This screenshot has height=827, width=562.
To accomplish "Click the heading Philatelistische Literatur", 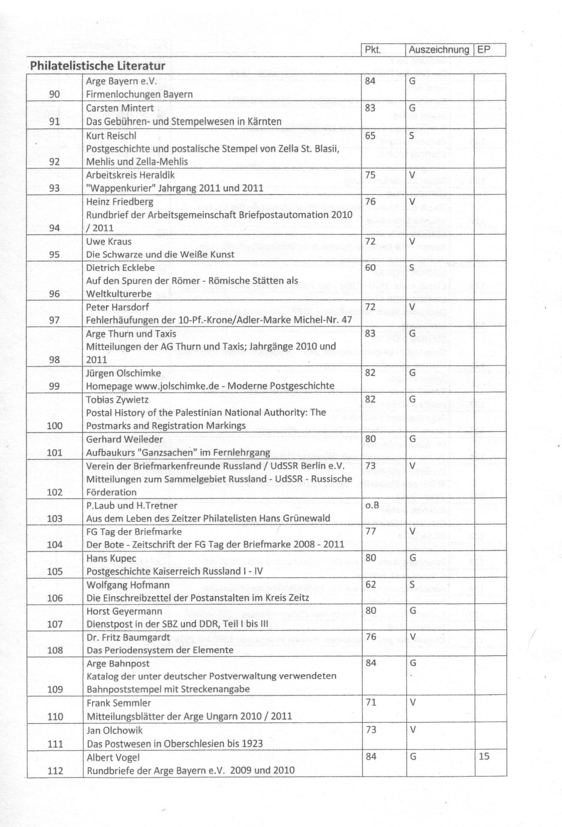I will point(98,66).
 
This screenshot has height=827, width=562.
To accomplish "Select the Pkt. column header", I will point(373,50).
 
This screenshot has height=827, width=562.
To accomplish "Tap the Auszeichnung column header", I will point(439,50).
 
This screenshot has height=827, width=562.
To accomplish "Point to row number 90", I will point(55,94).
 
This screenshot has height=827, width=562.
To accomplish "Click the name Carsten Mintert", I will point(120,108).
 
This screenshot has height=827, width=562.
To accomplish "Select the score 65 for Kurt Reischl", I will point(370,136).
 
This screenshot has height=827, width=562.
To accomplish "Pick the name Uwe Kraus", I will point(108,241).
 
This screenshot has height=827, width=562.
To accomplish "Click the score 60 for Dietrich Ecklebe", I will point(370,267).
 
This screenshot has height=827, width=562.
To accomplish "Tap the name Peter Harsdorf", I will point(117,307).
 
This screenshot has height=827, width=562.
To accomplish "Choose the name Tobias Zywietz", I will point(117,400).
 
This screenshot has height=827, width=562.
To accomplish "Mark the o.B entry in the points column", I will point(372,505).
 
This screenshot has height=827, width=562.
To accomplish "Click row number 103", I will point(55,518).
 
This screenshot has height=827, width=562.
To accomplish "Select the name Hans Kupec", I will point(111,558).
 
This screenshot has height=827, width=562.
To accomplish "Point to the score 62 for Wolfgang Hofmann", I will point(370,584).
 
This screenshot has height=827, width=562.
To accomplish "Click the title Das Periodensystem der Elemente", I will point(160,650).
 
